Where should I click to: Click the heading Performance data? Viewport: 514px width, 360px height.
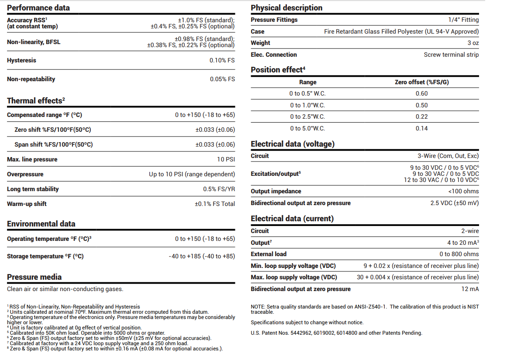pyautogui.click(x=38, y=8)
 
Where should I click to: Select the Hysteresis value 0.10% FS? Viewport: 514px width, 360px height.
pyautogui.click(x=222, y=60)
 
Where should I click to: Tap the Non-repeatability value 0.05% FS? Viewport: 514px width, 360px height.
pyautogui.click(x=222, y=79)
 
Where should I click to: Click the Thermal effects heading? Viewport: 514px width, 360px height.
pyautogui.click(x=36, y=101)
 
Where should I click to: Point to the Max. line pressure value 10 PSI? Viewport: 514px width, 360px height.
pyautogui.click(x=226, y=159)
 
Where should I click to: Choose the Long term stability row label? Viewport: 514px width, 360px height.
pyautogui.click(x=33, y=189)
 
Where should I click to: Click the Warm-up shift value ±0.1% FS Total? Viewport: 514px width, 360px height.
pyautogui.click(x=214, y=204)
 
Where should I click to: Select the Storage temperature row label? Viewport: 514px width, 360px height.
pyautogui.click(x=45, y=256)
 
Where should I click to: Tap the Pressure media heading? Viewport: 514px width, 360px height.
pyautogui.click(x=34, y=277)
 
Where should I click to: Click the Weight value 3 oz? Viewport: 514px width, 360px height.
pyautogui.click(x=473, y=43)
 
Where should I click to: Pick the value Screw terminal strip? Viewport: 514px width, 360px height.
pyautogui.click(x=451, y=55)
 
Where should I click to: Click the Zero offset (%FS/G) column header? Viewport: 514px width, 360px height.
pyautogui.click(x=421, y=82)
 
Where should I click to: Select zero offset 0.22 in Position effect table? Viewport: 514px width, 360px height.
pyautogui.click(x=421, y=117)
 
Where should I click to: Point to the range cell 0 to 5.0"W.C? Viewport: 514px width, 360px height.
pyautogui.click(x=307, y=128)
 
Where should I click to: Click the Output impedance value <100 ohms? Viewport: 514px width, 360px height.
pyautogui.click(x=463, y=191)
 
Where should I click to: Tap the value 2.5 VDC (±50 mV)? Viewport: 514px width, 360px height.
pyautogui.click(x=455, y=203)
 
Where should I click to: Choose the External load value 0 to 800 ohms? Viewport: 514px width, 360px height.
pyautogui.click(x=459, y=254)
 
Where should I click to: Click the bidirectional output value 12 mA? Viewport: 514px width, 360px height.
pyautogui.click(x=470, y=289)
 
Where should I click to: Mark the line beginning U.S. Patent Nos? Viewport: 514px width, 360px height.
pyautogui.click(x=336, y=333)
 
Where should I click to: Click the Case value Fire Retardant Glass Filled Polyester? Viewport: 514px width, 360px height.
pyautogui.click(x=401, y=31)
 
